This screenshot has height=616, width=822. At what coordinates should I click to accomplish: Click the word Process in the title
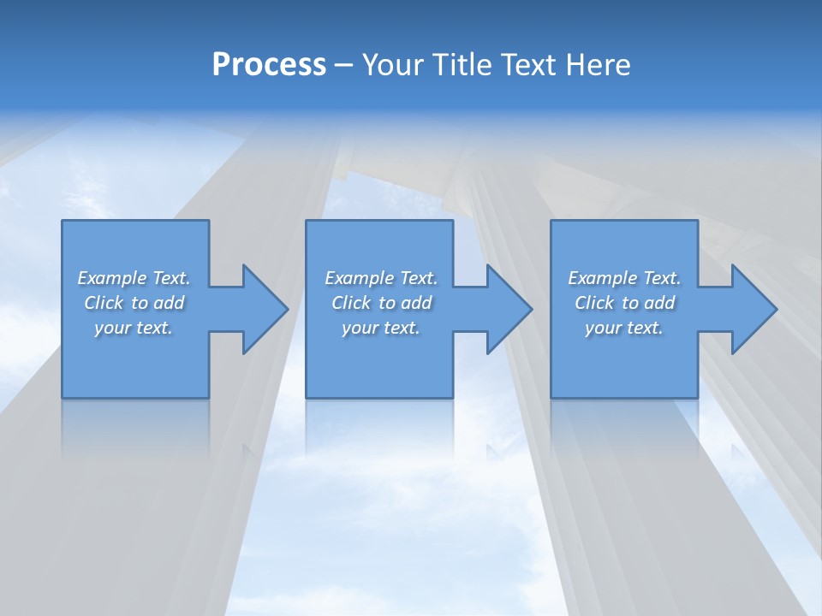[269, 64]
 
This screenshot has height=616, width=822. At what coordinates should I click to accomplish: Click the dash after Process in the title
[343, 66]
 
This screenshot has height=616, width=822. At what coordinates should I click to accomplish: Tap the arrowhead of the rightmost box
[753, 309]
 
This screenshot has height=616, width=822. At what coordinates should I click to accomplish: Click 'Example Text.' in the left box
[134, 278]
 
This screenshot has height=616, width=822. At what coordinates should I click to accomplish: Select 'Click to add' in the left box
[134, 303]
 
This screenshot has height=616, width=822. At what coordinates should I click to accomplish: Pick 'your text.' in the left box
[134, 328]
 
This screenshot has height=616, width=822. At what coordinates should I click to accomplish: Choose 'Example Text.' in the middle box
[380, 278]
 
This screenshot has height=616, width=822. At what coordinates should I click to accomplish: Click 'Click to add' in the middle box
[380, 303]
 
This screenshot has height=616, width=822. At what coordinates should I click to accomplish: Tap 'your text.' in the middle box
[380, 328]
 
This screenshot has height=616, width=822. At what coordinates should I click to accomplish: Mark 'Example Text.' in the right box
[624, 278]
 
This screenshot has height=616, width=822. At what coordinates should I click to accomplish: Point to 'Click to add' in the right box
[624, 303]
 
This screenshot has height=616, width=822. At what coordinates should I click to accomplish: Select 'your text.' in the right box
[624, 328]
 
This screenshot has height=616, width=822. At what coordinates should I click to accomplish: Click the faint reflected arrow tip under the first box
[247, 449]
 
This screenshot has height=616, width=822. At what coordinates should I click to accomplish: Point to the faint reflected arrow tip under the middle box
[492, 449]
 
